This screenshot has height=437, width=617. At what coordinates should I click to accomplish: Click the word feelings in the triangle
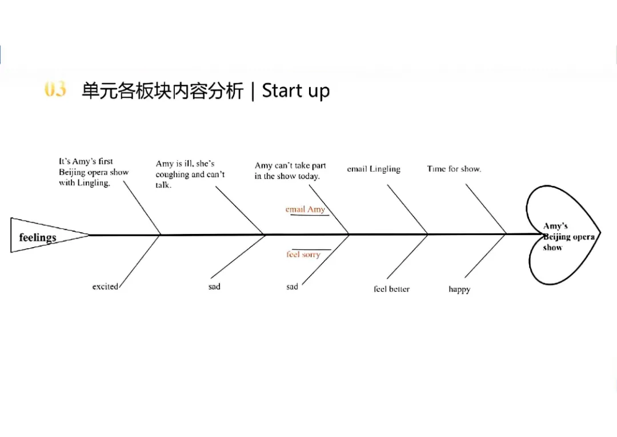(x=38, y=237)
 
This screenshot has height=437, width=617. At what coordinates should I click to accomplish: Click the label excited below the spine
(x=105, y=287)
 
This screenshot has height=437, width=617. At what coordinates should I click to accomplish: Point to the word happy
(x=459, y=289)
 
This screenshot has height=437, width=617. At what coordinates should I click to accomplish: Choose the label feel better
(x=391, y=289)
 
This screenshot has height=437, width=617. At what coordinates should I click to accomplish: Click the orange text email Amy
(x=305, y=209)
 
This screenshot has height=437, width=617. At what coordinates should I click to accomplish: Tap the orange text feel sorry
(x=303, y=255)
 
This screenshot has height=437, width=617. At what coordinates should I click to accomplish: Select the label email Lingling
(x=374, y=169)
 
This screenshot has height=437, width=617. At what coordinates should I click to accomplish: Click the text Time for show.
(x=454, y=169)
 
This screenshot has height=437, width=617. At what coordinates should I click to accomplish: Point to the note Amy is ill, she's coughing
(x=190, y=174)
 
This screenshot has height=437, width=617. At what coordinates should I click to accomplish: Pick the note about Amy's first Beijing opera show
(x=94, y=172)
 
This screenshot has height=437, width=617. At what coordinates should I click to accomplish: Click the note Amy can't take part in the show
(x=290, y=171)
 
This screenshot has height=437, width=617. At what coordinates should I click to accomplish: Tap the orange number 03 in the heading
(x=55, y=90)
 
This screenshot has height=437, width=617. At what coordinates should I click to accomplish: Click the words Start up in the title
(x=295, y=91)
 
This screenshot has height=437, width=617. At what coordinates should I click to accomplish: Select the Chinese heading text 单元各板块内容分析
(x=162, y=91)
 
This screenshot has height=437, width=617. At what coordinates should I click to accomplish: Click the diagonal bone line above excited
(x=140, y=260)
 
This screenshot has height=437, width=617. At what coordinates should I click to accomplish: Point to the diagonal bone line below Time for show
(x=486, y=209)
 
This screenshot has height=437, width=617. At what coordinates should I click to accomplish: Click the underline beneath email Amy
(x=309, y=216)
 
